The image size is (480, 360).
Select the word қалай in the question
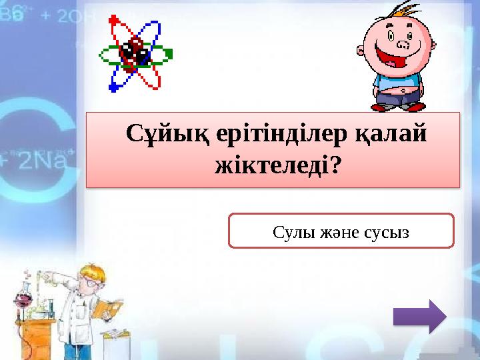394,135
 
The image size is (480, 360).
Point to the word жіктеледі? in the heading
274,165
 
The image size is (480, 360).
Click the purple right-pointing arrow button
419,315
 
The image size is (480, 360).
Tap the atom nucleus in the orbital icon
135,53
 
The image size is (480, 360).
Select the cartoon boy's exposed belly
399,87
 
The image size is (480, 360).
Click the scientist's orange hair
94,269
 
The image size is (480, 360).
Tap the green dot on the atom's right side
169,53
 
